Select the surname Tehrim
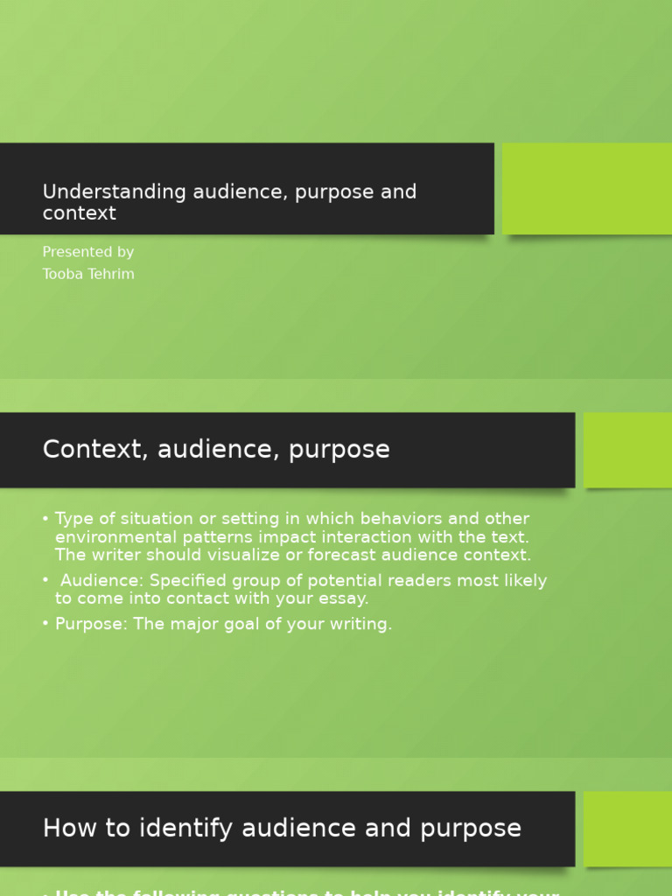point(111,274)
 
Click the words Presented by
point(87,252)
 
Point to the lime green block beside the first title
point(586,188)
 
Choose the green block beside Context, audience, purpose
point(627,450)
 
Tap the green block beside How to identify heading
point(627,828)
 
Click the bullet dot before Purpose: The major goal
point(45,624)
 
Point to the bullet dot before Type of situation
point(45,519)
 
